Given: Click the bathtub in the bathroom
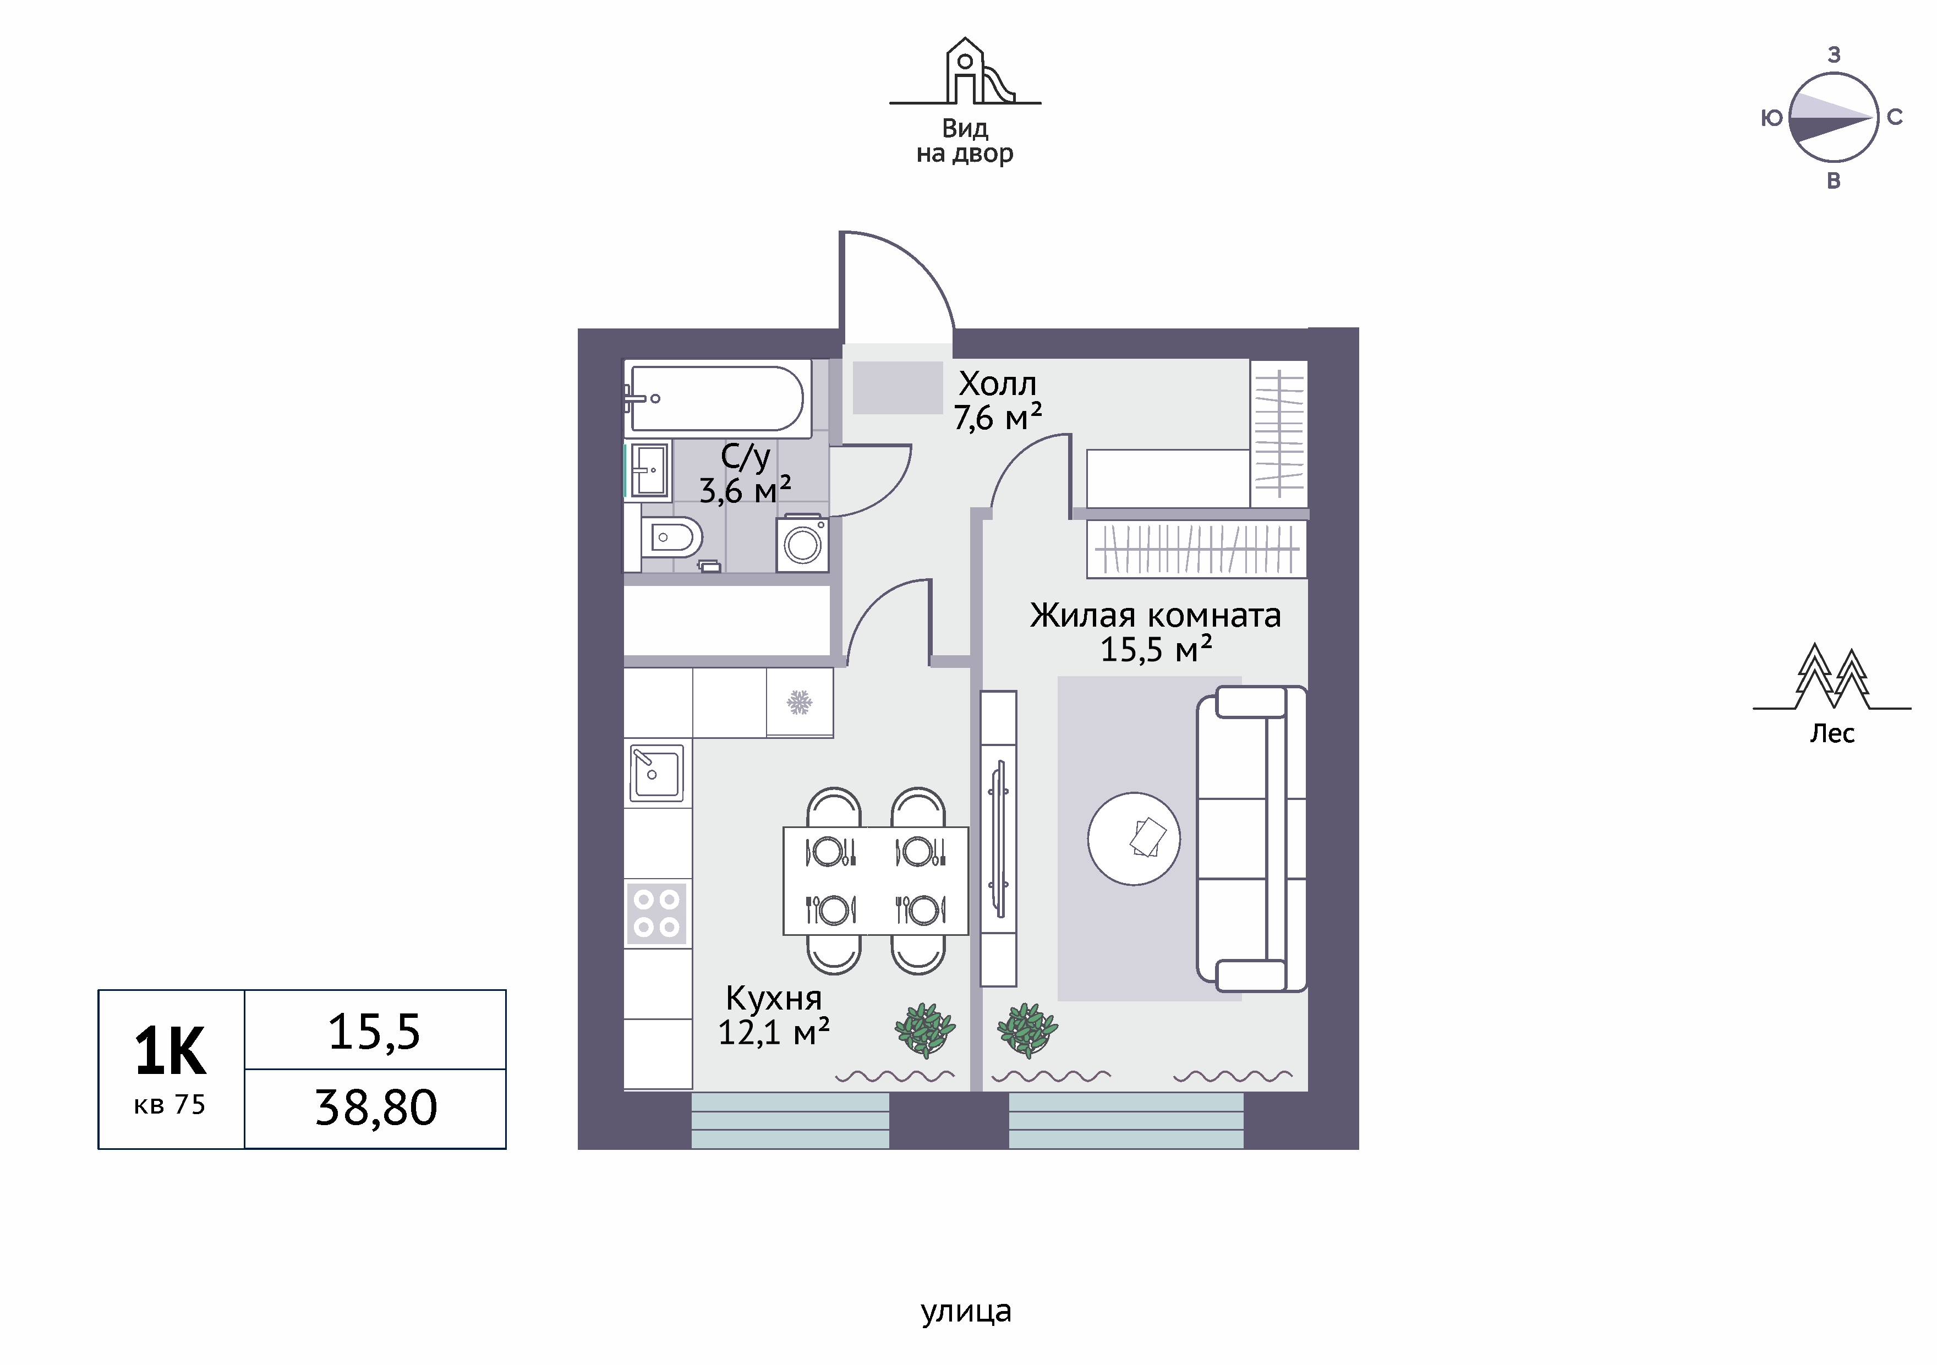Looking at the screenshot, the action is (717, 398).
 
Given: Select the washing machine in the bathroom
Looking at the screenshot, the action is (802, 543).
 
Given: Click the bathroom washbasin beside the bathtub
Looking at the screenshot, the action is (649, 470).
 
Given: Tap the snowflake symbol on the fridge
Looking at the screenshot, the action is (800, 702).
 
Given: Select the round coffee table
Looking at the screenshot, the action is (1134, 838).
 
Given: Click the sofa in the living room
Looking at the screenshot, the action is (1252, 838).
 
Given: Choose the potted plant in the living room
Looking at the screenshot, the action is (1027, 1029).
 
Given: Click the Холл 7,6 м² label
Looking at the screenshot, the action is (998, 401).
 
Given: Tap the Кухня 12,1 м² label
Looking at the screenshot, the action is (774, 1015).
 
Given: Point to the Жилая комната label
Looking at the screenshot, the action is (1155, 615).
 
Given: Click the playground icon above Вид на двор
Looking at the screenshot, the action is (965, 71).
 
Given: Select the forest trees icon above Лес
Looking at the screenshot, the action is (1831, 677).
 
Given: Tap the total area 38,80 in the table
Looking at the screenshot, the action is (376, 1108).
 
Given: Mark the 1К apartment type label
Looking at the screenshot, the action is (171, 1052).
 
